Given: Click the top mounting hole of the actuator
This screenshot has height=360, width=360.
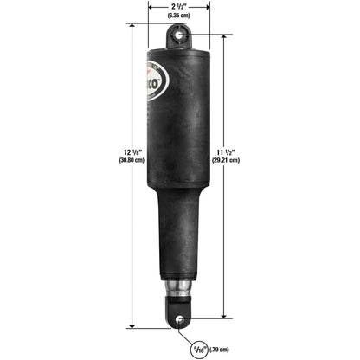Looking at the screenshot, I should pyautogui.click(x=178, y=35).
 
